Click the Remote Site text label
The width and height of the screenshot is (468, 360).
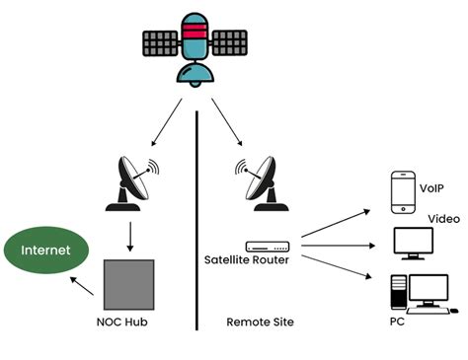[260, 323]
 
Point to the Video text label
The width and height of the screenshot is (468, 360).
[444, 219]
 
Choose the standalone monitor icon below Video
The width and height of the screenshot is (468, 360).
[415, 244]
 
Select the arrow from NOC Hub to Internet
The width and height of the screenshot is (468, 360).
[84, 286]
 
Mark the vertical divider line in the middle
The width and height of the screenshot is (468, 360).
[200, 217]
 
